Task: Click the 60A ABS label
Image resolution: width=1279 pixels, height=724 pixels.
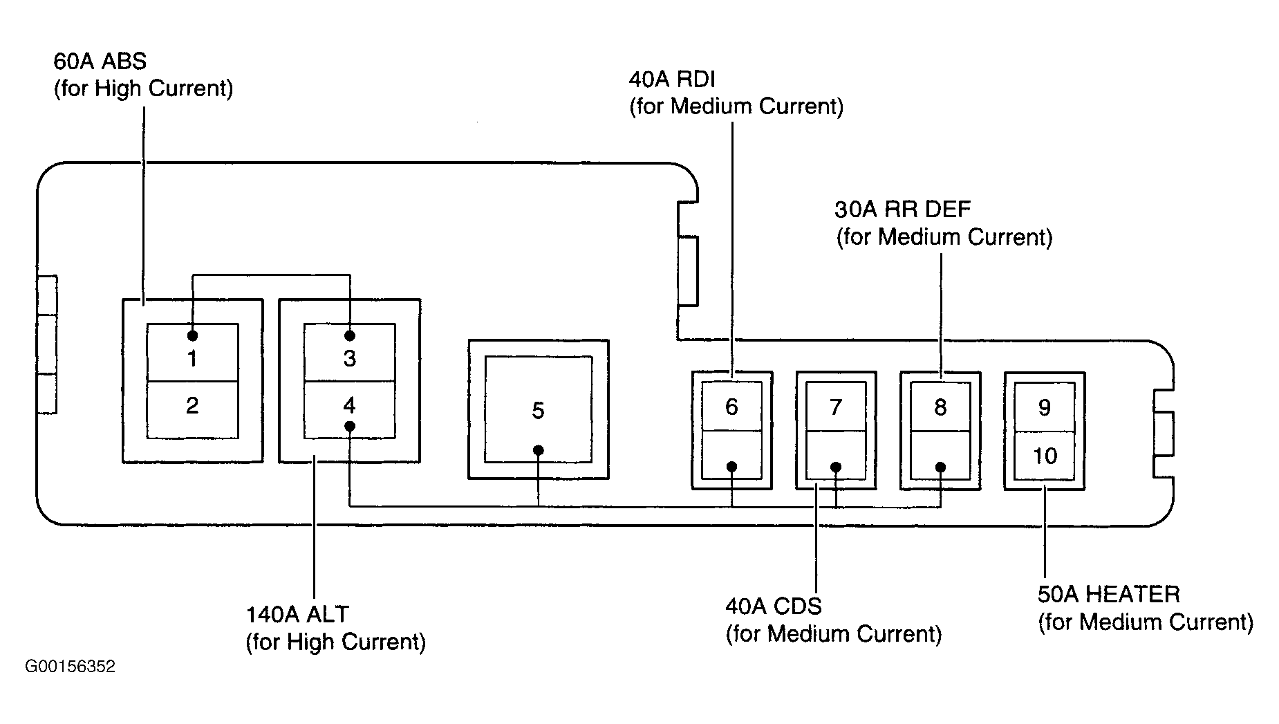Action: (143, 75)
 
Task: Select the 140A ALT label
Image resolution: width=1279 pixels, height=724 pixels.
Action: (335, 628)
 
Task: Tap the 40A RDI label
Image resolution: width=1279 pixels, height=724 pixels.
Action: (736, 93)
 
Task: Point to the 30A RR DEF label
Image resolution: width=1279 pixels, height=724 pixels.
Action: (944, 223)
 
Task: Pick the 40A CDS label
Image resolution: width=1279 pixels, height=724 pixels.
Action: (833, 620)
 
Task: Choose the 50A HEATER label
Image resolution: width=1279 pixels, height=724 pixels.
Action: (1146, 608)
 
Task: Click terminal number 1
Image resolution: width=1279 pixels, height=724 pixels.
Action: (192, 358)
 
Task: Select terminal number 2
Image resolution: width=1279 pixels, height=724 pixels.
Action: (192, 405)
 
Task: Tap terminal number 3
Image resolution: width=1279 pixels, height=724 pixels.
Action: (350, 358)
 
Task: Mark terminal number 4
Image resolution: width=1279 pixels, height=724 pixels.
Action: (350, 405)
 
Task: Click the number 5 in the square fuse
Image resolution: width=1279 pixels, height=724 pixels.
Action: (538, 411)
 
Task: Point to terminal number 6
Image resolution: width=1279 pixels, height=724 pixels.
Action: (731, 407)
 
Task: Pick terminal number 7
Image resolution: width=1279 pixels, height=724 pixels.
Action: (836, 407)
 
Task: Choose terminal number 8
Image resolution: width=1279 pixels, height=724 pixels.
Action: (940, 407)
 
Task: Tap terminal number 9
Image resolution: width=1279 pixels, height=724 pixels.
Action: (1045, 407)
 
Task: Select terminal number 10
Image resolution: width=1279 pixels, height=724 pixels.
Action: (1045, 456)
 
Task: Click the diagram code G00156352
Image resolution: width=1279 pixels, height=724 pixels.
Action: (70, 667)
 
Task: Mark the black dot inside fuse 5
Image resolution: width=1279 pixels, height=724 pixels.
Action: (539, 451)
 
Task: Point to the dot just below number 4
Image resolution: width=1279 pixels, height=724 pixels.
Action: (350, 426)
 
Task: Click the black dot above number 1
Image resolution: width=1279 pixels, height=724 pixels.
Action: (192, 335)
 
